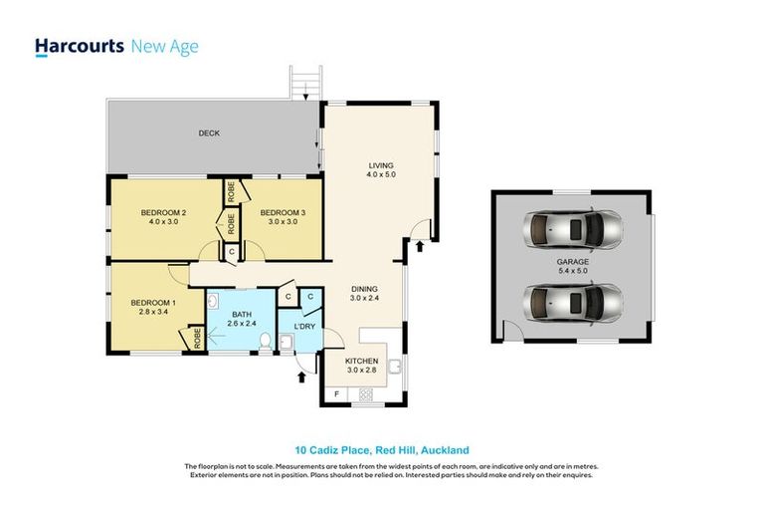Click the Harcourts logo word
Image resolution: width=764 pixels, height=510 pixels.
[79, 46]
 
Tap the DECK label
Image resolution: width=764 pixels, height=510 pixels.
[208, 133]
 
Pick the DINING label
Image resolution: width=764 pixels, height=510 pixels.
[363, 292]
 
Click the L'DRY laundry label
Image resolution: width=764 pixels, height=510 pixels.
[304, 327]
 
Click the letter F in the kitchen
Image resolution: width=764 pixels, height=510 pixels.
[335, 395]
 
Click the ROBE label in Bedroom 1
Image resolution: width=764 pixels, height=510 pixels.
[197, 337]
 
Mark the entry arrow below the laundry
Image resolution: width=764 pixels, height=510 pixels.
[301, 377]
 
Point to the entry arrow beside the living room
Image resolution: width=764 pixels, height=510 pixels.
[420, 243]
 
